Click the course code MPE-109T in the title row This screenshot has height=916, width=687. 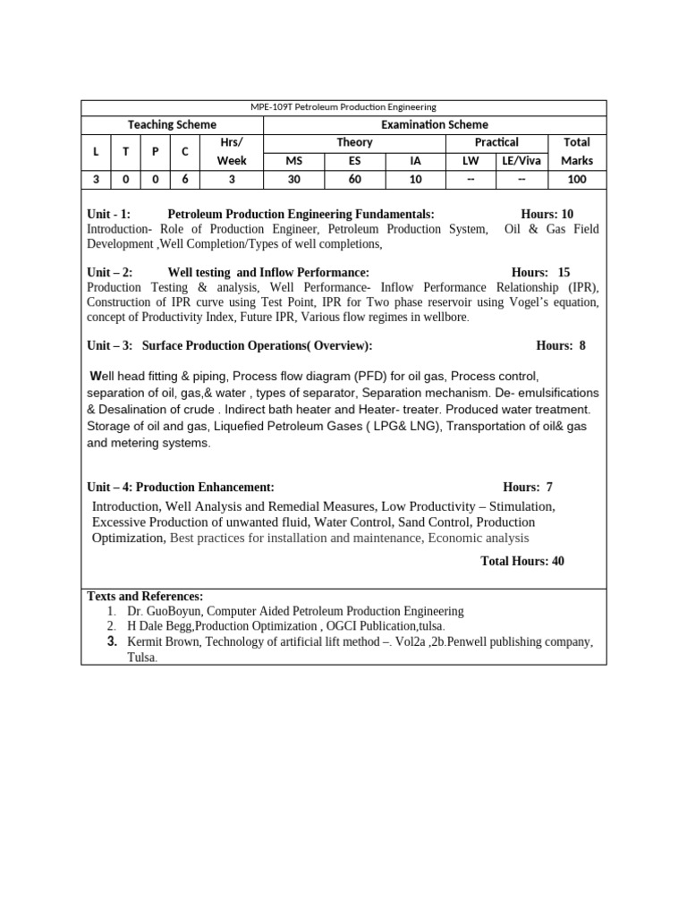click(x=267, y=107)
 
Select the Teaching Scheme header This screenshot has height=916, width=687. click(x=172, y=125)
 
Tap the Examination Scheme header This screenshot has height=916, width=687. click(x=435, y=125)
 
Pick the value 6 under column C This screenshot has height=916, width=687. click(x=185, y=180)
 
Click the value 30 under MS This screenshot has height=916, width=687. click(x=294, y=180)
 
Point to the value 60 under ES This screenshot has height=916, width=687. click(x=355, y=180)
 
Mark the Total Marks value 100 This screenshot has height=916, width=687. click(x=577, y=180)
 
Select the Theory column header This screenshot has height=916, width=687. click(x=354, y=142)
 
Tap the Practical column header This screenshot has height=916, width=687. click(x=496, y=142)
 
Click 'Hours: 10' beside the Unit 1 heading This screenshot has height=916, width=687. click(x=547, y=214)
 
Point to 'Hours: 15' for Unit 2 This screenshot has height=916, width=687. click(x=540, y=272)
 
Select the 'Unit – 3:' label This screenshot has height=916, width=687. click(x=110, y=345)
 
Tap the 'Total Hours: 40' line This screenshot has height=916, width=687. click(x=522, y=561)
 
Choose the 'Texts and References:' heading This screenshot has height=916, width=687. click(x=145, y=597)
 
